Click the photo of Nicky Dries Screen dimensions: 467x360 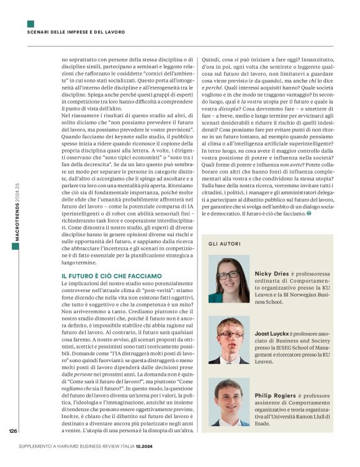228,280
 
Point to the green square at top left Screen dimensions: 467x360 30,24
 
